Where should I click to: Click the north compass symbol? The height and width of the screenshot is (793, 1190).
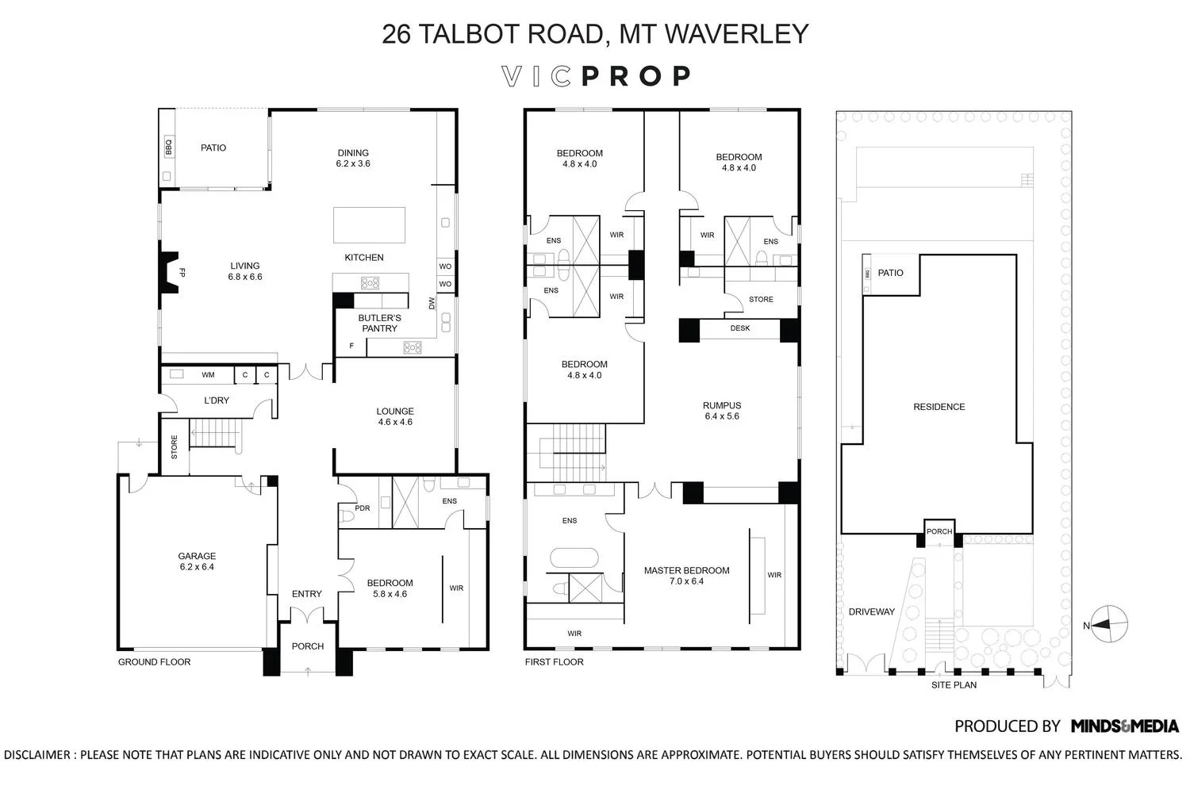[x=1110, y=625]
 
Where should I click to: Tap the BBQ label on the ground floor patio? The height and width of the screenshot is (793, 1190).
[x=168, y=147]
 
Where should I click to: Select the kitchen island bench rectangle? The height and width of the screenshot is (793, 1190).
[x=369, y=224]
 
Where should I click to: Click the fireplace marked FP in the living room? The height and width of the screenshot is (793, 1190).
[x=171, y=272]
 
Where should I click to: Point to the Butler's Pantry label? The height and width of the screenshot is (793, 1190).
[x=379, y=323]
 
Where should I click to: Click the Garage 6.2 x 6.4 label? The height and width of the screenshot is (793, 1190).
[x=197, y=561]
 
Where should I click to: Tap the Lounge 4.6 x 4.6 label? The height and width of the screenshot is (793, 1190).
[x=395, y=416]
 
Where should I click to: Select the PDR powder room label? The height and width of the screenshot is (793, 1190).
[x=363, y=508]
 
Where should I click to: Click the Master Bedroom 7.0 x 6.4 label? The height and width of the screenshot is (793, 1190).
[x=686, y=576]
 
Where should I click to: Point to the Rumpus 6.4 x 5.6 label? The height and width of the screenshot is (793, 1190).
[x=721, y=411]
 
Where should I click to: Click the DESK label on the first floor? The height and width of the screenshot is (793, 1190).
[x=739, y=328]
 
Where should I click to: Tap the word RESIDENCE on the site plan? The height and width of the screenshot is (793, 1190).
[x=939, y=407]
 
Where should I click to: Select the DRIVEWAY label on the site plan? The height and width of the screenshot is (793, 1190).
[x=871, y=612]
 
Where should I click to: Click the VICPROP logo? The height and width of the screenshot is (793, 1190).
[x=597, y=76]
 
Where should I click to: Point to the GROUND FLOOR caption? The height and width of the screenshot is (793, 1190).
[x=154, y=662]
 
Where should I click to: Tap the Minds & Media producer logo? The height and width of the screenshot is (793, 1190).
[x=1125, y=726]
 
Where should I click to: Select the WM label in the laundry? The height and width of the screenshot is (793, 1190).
[x=208, y=375]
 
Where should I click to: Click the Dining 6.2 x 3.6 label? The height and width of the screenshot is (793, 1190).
[x=353, y=159]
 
